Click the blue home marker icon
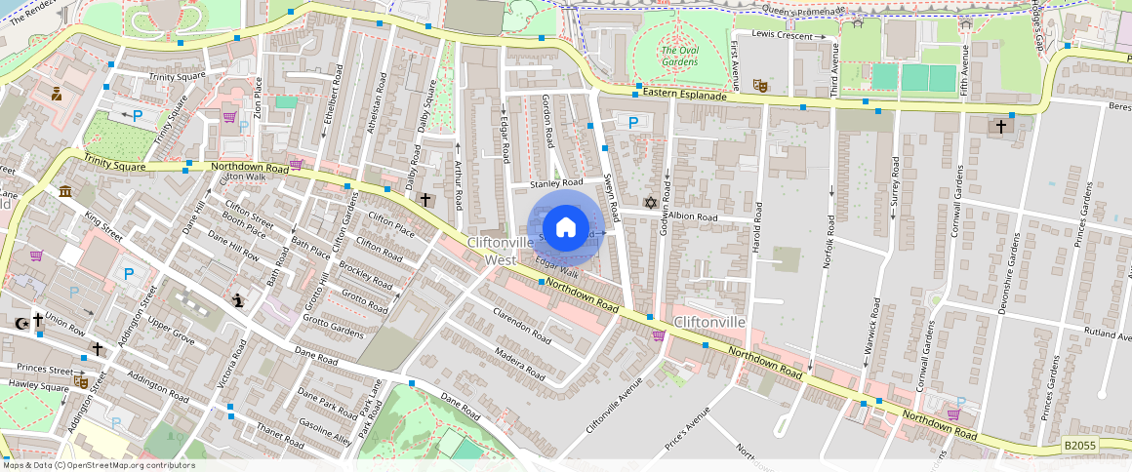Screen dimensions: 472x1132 tap(565, 228)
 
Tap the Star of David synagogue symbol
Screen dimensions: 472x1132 tap(650, 203)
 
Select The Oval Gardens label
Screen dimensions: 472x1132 tap(679, 56)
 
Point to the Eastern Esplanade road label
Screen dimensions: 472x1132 tap(685, 96)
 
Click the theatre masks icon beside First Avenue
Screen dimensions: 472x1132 tap(759, 86)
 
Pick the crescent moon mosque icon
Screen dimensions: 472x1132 tap(20, 323)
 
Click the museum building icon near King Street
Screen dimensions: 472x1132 tap(65, 191)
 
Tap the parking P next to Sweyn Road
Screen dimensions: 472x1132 tap(633, 123)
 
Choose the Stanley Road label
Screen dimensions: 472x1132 tap(555, 182)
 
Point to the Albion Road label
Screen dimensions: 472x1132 tap(694, 216)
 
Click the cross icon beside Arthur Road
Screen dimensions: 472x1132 tap(425, 200)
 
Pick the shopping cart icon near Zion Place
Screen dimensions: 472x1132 tap(230, 117)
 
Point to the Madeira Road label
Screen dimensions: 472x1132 tap(519, 364)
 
